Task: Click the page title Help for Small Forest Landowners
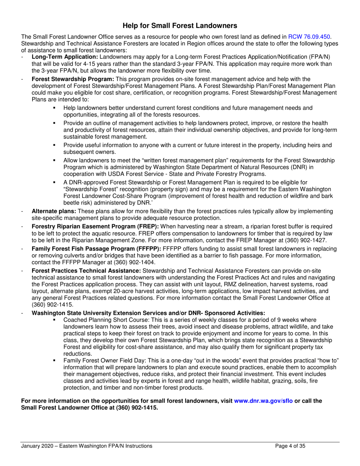pos(180,26)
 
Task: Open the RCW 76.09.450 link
pos(309,37)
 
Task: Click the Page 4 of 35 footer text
pos(290,446)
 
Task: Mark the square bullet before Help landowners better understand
pos(55,108)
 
